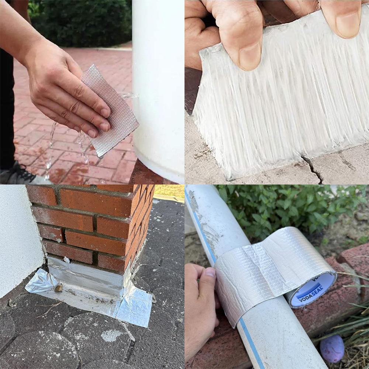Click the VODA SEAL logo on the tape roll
[x=309, y=292]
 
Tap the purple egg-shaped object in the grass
[x=332, y=348]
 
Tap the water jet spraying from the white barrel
[x=129, y=96]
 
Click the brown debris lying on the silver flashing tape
[x=59, y=288]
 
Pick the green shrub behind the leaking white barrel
[x=81, y=22]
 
